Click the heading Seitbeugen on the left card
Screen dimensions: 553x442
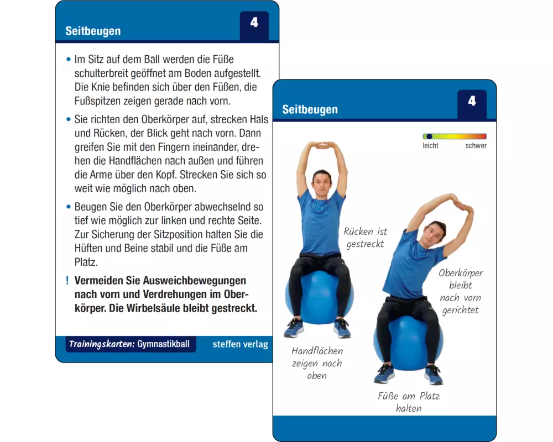[93, 31]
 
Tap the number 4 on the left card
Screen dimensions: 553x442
[254, 23]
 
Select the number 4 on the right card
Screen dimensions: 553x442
[472, 101]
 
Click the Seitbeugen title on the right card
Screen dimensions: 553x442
[310, 109]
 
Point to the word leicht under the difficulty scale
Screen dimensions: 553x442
[431, 145]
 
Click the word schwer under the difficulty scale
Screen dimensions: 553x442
[476, 145]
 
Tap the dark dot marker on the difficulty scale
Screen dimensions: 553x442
[429, 136]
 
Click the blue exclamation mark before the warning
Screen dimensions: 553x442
[67, 281]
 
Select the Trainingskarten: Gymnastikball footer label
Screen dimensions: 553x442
[129, 344]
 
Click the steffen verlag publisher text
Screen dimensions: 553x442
[240, 344]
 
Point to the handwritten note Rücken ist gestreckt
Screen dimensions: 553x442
[366, 238]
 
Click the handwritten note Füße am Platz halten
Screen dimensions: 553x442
[409, 402]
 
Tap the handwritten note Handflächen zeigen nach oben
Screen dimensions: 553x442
[317, 363]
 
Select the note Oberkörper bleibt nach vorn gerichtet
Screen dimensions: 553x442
[461, 292]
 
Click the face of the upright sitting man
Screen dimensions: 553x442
[322, 182]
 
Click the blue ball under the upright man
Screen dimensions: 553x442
[319, 296]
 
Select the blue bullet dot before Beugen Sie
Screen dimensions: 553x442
[69, 207]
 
